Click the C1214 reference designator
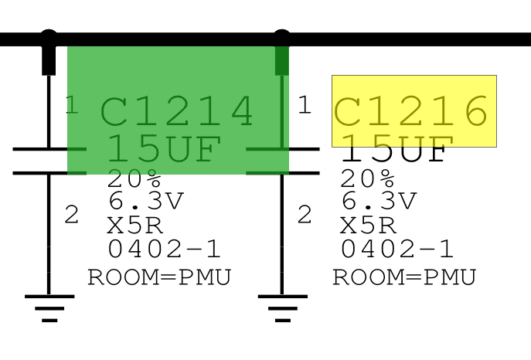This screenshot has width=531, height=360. coord(177,111)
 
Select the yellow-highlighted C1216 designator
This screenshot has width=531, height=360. coord(410,111)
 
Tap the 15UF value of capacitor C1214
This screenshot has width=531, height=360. coord(165,148)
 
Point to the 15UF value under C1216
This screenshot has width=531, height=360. coord(397,148)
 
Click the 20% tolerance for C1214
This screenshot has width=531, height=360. coord(134,178)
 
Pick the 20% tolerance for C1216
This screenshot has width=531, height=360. coord(367,178)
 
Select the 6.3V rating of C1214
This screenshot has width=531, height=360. coord(146,201)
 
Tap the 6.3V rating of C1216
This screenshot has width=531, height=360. coord(380,201)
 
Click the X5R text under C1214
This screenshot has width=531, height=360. coord(135,226)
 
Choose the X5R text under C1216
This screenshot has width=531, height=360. coord(368,226)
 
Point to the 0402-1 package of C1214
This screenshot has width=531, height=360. coord(164,249)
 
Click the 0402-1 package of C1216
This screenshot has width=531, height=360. coord(397,249)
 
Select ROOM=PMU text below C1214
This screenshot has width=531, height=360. coord(159,277)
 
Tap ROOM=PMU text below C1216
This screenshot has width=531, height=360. coord(405,277)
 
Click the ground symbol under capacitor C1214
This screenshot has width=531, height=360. coord(49,308)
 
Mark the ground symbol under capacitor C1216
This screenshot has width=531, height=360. coord(283,308)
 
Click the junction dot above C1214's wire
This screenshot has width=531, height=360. coord(49,36)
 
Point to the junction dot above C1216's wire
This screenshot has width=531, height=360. coord(282,36)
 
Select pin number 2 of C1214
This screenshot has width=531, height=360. coord(71,214)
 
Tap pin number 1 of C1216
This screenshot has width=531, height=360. coord(305,104)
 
